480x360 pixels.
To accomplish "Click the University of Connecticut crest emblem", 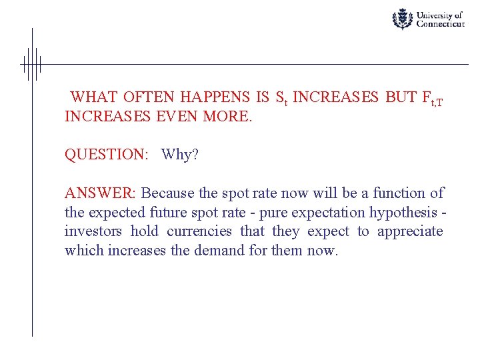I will coord(402,19).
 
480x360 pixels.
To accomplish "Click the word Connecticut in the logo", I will coord(440,23).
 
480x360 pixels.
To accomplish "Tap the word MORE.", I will coord(228,117).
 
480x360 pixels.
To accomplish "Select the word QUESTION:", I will coord(106,155).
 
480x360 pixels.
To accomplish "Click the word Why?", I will coord(180,155).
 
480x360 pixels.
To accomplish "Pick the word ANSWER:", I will coord(100,193).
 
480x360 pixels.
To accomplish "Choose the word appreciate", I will coord(410,231).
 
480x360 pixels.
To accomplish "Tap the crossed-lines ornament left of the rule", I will coord(31,64).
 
